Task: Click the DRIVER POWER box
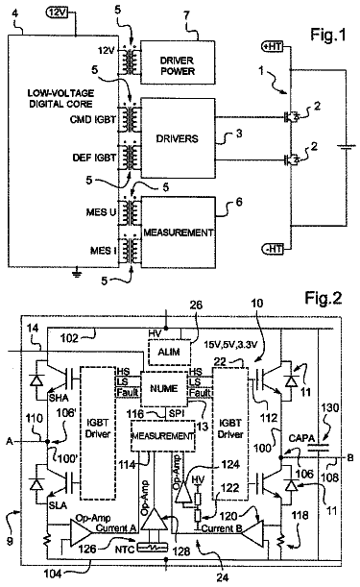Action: pos(178,62)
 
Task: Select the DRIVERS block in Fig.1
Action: pos(178,137)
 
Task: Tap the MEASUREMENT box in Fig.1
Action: pos(179,232)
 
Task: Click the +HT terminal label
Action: pos(272,46)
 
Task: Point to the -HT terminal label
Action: pos(272,248)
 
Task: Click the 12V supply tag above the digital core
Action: pos(57,12)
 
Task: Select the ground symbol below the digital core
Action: pos(77,274)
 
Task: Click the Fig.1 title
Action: pos(327,35)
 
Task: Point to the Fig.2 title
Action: pos(323,298)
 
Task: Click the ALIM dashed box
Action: pos(170,352)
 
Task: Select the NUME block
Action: pos(163,389)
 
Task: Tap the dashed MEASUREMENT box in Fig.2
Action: pos(163,436)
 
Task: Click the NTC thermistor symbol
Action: pos(154,548)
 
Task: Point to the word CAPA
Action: pos(301,438)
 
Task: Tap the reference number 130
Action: pos(329,407)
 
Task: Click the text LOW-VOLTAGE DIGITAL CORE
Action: pos(60,98)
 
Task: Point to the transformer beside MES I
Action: pos(130,250)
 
